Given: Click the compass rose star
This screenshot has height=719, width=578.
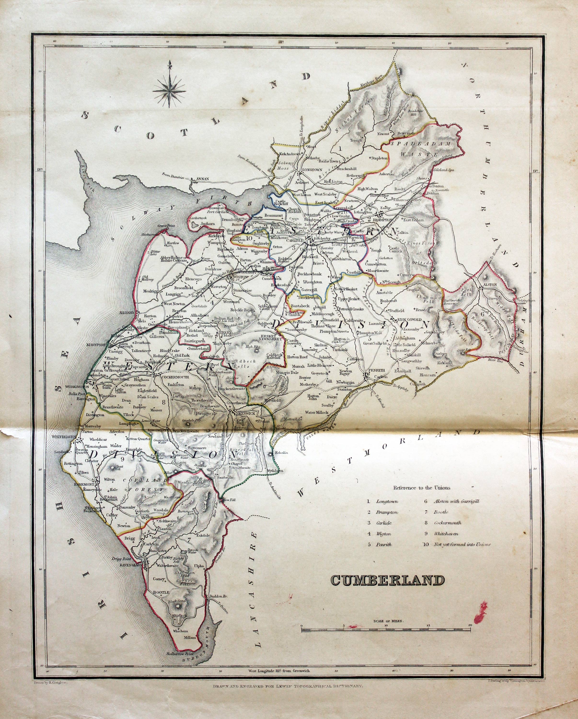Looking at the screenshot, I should (x=170, y=89).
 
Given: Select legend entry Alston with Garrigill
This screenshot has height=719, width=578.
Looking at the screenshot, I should (x=456, y=501).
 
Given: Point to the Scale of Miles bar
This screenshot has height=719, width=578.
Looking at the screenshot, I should (x=386, y=630).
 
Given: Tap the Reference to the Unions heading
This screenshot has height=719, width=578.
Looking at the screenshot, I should (x=422, y=487).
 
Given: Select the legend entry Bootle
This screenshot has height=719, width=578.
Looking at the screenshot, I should (x=441, y=512).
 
